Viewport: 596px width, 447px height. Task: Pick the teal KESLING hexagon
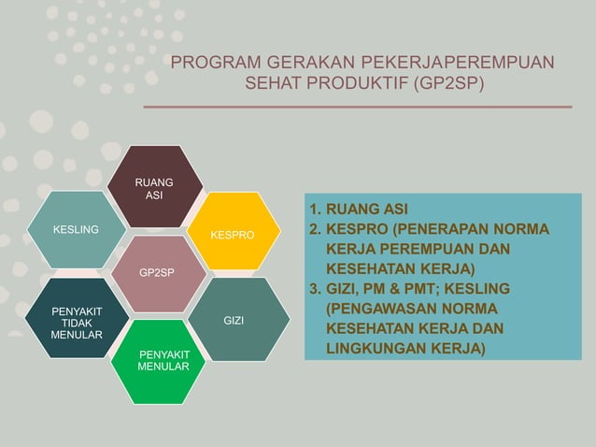[x=76, y=230]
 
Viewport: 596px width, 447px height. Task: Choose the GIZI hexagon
[x=234, y=320]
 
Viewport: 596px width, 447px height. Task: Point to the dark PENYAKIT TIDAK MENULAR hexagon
[x=77, y=320]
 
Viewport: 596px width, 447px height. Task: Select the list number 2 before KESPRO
[x=315, y=228]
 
